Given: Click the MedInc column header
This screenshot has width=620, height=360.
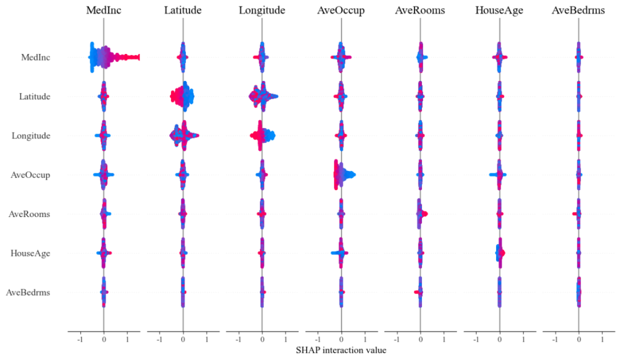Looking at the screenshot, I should click(103, 10).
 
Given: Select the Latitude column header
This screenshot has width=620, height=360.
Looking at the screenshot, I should click(183, 10).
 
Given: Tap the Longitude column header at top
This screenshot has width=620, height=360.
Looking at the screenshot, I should click(262, 10).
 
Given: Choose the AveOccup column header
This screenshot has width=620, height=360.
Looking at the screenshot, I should click(341, 10).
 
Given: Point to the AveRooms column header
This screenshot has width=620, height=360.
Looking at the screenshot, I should click(420, 10).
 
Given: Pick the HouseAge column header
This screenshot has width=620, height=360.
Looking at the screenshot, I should click(499, 10).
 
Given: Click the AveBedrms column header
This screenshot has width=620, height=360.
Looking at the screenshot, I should click(578, 10).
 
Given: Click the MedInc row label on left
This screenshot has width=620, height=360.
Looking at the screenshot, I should click(35, 57).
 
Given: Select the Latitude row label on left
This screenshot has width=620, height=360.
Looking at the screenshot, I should click(34, 96).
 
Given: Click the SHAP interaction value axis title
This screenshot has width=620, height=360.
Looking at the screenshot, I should click(341, 350).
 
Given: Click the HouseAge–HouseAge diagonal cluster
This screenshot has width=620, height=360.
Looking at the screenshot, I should click(499, 253).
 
